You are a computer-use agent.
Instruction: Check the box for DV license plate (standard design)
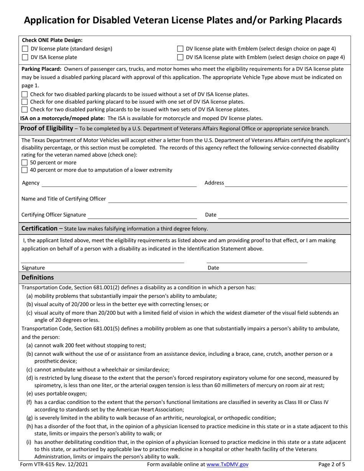pos(25,49)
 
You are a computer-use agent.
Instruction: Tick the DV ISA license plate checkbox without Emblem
pos(25,57)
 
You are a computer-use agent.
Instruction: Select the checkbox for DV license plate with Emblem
pos(180,49)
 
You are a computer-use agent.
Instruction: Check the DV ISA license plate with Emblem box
pos(180,57)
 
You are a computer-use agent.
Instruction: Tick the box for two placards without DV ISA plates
pos(25,94)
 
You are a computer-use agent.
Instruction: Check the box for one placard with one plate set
pos(25,102)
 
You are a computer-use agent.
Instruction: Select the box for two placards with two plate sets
pos(25,110)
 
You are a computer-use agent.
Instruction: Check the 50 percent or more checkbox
pos(25,162)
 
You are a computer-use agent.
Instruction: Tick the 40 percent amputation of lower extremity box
pos(25,170)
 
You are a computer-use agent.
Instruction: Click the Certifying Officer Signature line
pos(142,215)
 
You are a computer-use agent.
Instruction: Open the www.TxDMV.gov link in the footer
pos(228,464)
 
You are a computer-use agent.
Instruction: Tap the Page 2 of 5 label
pos(332,464)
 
